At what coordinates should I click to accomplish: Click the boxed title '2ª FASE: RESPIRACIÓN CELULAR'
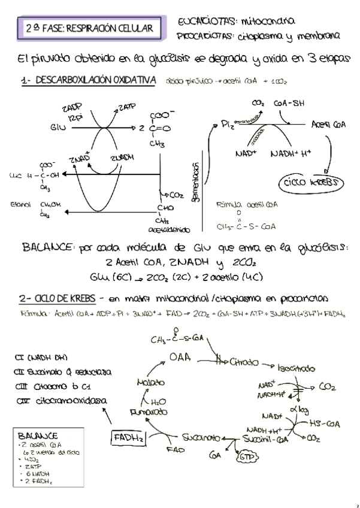point(89,28)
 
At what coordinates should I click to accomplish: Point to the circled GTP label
point(246,458)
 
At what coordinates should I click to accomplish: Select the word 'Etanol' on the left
point(20,205)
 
